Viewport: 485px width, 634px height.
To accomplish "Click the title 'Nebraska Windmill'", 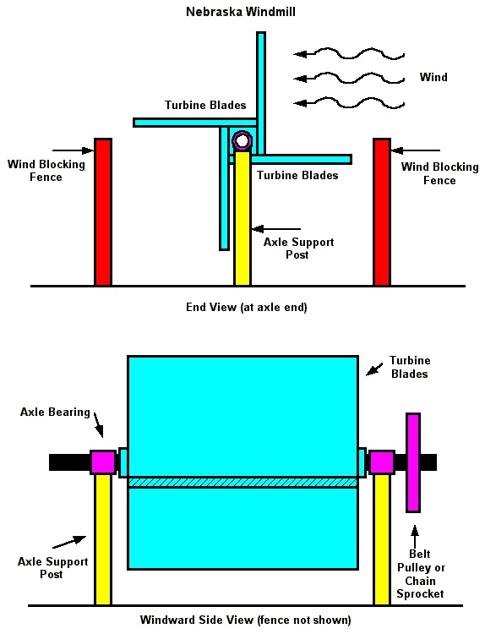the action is point(241,12).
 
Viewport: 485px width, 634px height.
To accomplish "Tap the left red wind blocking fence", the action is point(102,212).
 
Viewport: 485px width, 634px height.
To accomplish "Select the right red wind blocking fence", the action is point(382,212).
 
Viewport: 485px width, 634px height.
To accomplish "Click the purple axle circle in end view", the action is point(243,140).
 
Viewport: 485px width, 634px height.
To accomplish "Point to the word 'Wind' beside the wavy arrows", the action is point(433,77).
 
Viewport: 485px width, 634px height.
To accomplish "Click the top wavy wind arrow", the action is point(349,53).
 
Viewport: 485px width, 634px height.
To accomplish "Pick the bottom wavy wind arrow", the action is point(349,103).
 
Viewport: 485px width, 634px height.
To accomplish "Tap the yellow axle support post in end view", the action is point(243,218).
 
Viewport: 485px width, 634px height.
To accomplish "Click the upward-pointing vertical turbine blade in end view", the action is point(261,93).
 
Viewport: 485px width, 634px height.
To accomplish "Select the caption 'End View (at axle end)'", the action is point(247,308).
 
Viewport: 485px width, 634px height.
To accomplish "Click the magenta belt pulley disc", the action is point(413,462).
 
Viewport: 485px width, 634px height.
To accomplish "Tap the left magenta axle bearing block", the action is point(102,462).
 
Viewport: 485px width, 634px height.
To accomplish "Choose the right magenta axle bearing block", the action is point(382,462).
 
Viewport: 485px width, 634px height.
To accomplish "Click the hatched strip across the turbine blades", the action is point(243,483).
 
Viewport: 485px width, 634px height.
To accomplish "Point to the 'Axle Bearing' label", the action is point(55,412).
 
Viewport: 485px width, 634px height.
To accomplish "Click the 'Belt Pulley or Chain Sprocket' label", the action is point(420,574).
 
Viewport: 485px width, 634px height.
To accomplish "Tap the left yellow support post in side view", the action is point(102,539).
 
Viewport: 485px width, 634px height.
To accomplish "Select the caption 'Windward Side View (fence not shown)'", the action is point(245,620).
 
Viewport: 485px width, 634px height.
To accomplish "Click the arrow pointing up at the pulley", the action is point(415,536).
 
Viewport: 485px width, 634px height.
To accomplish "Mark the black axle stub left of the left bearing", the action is point(69,462).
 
